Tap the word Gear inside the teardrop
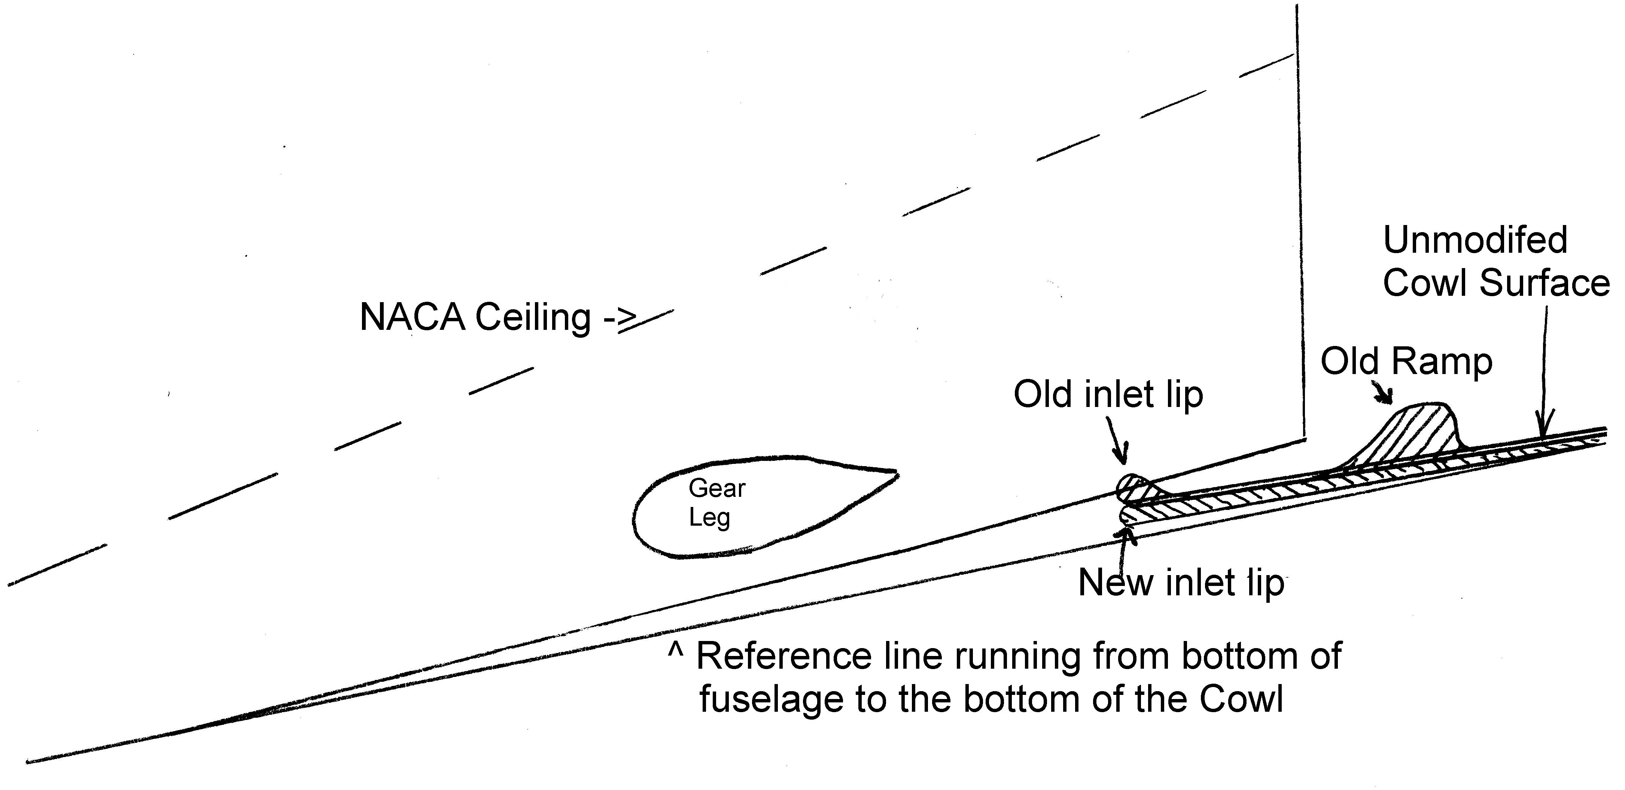tap(716, 488)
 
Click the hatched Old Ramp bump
tap(1413, 435)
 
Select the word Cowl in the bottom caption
tap(1241, 700)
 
